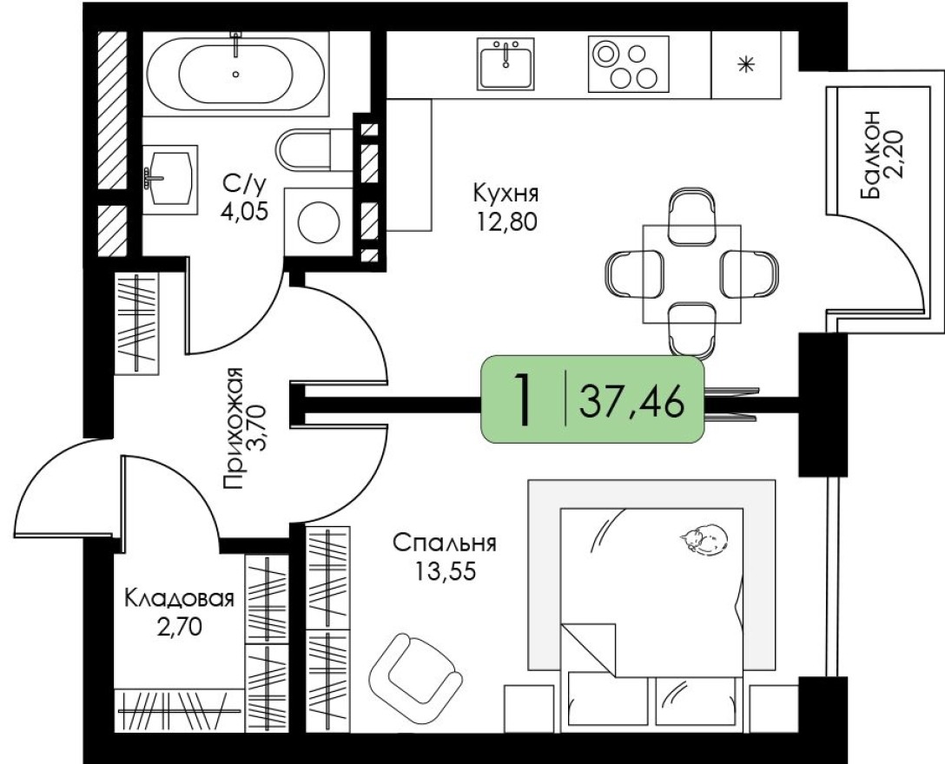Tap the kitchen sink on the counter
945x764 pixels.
[x=506, y=63]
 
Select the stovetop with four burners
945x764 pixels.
[x=627, y=64]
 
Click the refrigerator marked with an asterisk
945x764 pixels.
[x=745, y=65]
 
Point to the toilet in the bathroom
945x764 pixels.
[x=305, y=148]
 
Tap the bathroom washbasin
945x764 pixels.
[x=169, y=175]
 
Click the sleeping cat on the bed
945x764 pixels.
[x=704, y=539]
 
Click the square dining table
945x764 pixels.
[x=692, y=273]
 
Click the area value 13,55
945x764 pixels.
[x=443, y=572]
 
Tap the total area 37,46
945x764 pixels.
[x=631, y=402]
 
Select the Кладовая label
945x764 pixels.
[x=179, y=599]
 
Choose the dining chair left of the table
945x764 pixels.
[x=626, y=273]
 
